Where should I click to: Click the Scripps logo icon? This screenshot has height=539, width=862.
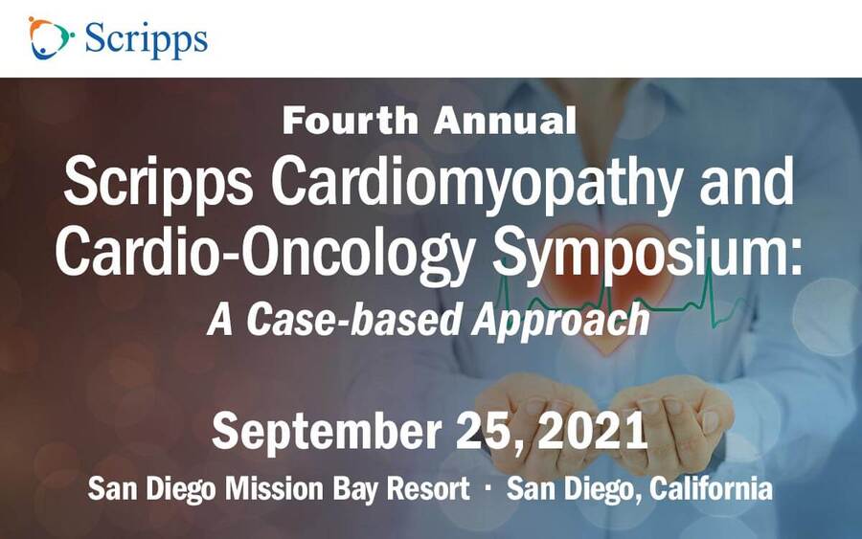[51, 38]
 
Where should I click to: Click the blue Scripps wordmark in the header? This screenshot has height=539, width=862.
[147, 39]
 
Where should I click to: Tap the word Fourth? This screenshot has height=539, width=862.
[351, 121]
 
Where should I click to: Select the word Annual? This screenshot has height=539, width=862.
[505, 121]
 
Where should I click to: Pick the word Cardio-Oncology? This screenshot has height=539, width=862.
[264, 254]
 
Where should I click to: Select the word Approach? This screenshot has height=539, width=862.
[560, 321]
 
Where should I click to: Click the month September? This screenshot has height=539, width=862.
[327, 433]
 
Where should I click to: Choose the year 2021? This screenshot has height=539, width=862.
[593, 432]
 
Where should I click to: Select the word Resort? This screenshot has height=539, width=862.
[428, 488]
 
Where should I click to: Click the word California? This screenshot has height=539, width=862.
[711, 488]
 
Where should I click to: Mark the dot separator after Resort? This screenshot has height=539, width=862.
[488, 486]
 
